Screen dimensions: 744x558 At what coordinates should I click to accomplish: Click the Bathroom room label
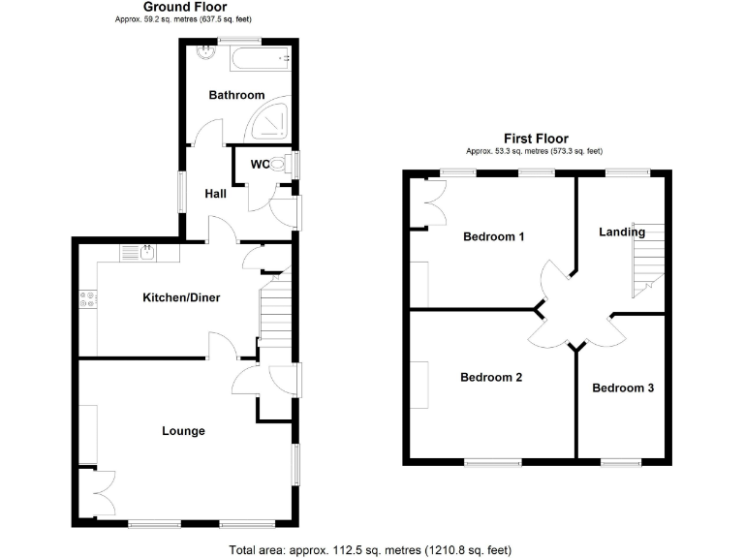236,95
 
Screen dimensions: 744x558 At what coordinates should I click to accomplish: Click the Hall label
215,194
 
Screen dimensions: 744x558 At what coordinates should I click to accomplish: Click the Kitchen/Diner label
182,297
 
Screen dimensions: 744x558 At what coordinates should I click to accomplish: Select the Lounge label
183,431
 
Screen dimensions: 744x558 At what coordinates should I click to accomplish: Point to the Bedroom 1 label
493,236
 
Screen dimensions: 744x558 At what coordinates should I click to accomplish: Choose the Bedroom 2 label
491,377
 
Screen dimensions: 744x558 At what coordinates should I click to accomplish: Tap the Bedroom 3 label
623,387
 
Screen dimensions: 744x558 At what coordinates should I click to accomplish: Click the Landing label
622,232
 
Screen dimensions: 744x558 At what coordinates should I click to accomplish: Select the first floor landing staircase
646,259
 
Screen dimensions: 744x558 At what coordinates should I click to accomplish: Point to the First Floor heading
536,139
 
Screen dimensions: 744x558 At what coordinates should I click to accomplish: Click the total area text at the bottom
370,549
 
